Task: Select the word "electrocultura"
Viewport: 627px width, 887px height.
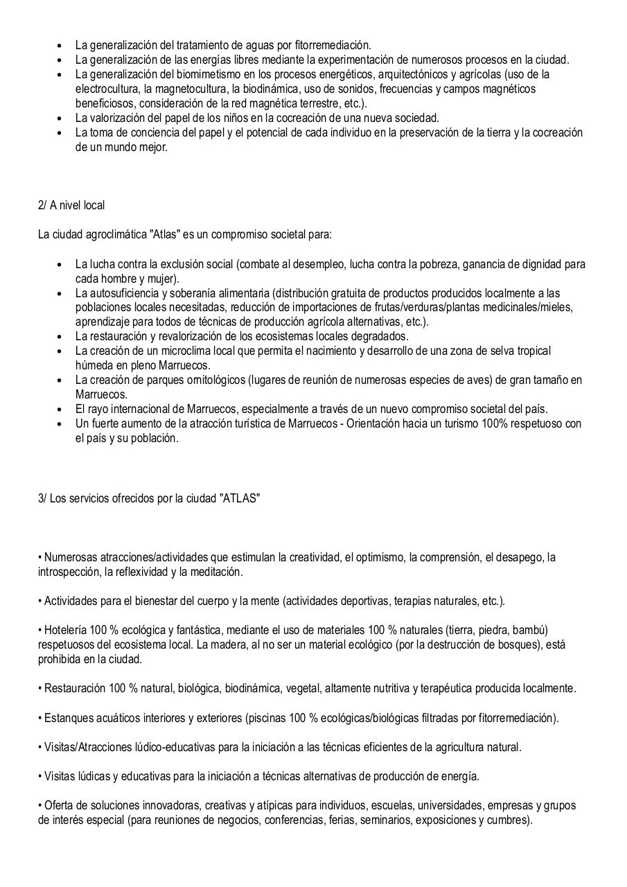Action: [x=107, y=89]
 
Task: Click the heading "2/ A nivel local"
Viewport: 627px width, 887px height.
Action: [x=71, y=206]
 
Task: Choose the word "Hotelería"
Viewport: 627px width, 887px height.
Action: [x=66, y=630]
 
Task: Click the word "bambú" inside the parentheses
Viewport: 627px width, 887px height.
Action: [x=531, y=630]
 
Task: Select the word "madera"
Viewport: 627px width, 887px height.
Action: [x=235, y=644]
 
